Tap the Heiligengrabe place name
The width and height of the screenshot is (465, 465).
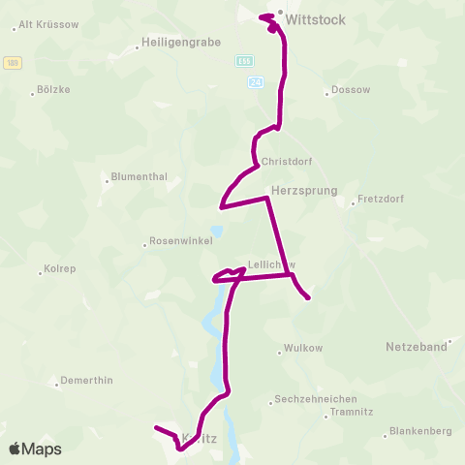point(181,43)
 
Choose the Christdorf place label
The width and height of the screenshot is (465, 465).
point(282,162)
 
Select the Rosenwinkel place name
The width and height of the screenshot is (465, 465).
point(179,242)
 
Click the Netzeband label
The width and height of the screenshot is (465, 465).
point(417,346)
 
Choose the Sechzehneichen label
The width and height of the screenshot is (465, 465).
point(316,399)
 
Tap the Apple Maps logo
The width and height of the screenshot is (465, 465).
point(35,449)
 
